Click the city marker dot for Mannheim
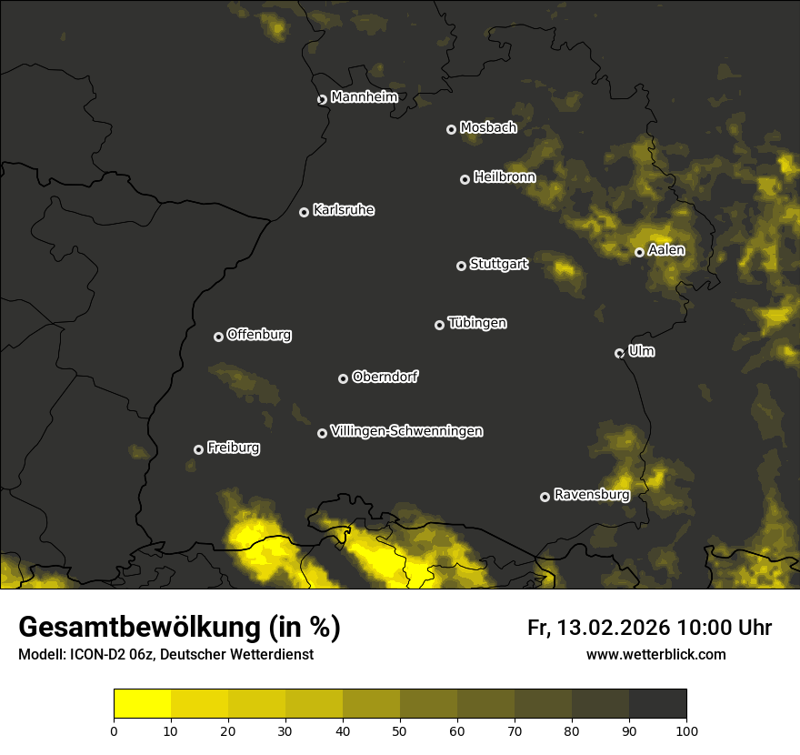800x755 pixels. click(x=322, y=100)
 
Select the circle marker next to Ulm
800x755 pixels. click(x=619, y=353)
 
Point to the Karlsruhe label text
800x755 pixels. click(x=343, y=210)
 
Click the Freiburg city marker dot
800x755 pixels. click(x=198, y=449)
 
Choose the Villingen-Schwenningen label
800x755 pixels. click(x=406, y=431)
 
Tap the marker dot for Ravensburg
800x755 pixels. click(x=545, y=497)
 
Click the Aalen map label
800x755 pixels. click(x=666, y=250)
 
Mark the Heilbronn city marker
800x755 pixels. click(x=465, y=179)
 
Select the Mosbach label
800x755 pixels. click(x=487, y=128)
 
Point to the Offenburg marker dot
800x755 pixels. click(x=218, y=337)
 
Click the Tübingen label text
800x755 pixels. click(x=476, y=323)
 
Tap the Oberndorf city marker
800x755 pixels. click(x=343, y=378)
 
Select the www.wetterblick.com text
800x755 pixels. click(x=656, y=654)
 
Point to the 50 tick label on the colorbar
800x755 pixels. click(x=400, y=730)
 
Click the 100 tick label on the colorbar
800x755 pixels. click(x=686, y=730)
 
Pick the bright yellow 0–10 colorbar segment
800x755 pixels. click(x=143, y=704)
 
